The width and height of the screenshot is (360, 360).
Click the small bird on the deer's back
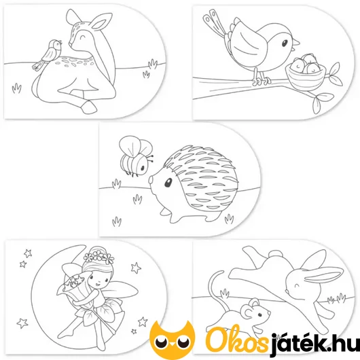(x=48, y=54)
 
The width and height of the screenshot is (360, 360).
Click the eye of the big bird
(x=285, y=43)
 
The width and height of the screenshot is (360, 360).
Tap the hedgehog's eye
(x=168, y=182)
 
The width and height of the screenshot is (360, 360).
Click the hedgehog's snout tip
(x=150, y=179)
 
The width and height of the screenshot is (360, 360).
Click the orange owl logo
(x=172, y=337)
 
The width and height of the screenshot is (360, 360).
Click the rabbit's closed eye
(x=297, y=286)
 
